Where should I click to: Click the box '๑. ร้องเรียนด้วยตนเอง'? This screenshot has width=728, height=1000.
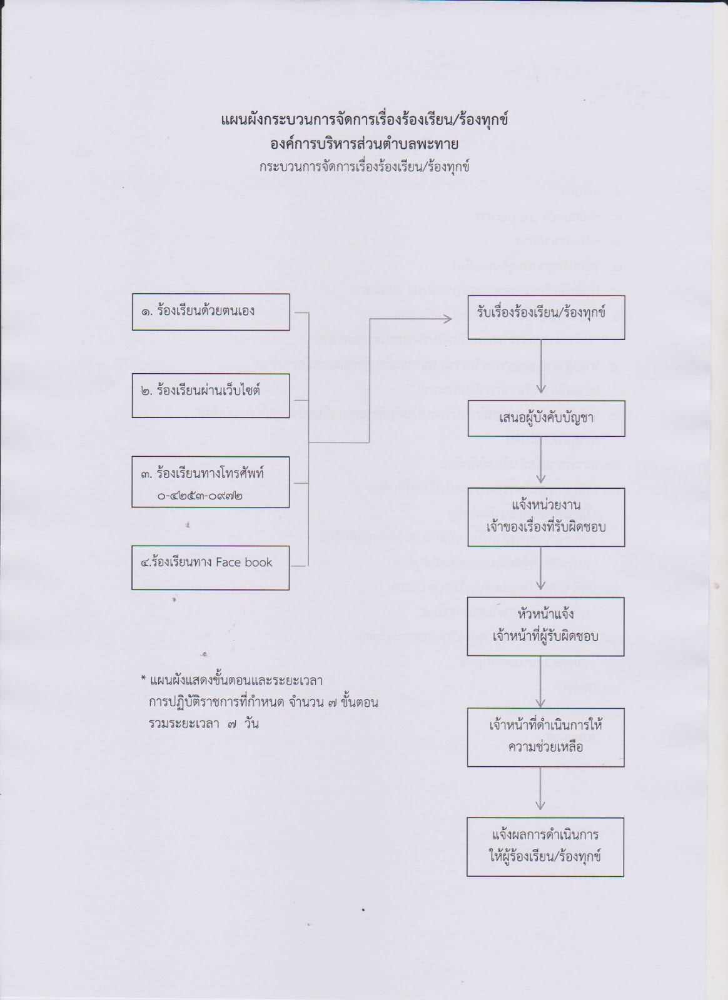(211, 312)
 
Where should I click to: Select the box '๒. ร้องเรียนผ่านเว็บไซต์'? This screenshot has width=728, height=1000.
(211, 395)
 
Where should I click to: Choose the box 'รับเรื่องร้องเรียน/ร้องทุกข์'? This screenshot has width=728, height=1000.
(545, 312)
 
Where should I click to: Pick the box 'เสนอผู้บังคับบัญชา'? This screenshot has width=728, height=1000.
(547, 418)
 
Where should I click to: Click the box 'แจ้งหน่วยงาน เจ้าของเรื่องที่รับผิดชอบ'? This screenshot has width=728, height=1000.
(546, 517)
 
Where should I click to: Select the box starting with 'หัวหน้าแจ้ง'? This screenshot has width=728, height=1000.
(545, 626)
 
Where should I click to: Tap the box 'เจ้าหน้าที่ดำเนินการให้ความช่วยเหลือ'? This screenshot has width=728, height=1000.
(545, 737)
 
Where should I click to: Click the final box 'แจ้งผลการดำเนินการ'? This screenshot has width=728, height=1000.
(545, 846)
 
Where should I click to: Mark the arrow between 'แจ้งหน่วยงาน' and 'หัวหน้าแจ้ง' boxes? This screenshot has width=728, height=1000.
(542, 571)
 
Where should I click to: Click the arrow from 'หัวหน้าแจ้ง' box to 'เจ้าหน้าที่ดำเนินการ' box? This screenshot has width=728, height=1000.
(541, 681)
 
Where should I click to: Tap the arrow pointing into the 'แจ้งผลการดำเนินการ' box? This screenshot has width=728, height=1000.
(541, 791)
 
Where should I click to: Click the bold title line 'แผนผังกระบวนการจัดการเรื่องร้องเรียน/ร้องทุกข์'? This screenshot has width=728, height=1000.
(365, 119)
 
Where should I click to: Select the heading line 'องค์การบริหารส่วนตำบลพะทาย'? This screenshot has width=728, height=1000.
(365, 144)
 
